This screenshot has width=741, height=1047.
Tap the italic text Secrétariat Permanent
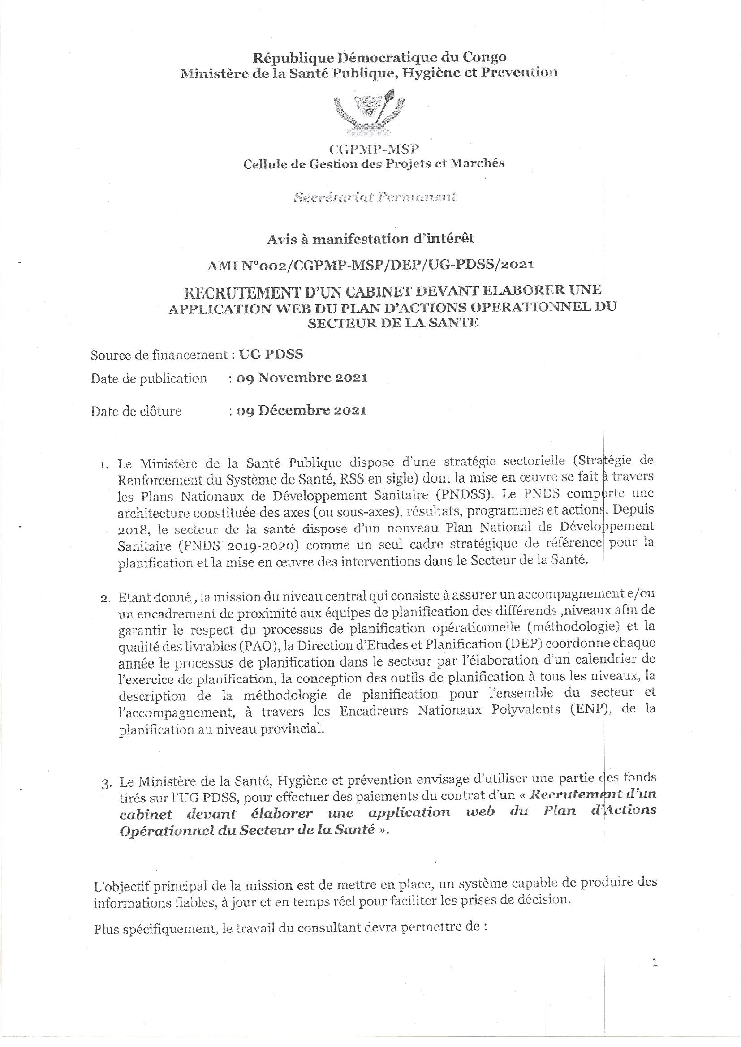click(375, 197)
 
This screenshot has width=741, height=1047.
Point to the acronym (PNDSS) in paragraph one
click(461, 494)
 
